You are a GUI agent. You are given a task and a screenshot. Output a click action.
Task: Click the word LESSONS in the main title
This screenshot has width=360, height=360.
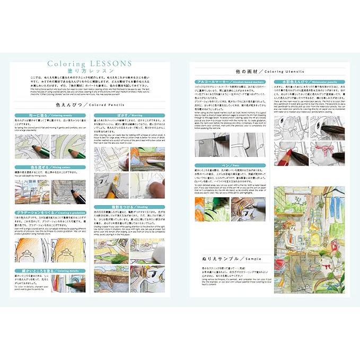(x=112, y=64)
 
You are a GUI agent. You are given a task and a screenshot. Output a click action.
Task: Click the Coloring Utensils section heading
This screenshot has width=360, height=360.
(x=270, y=71)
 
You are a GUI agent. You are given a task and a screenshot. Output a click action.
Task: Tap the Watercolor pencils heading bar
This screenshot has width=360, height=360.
(x=310, y=82)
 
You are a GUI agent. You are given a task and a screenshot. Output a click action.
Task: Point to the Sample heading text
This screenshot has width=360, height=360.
(x=231, y=259)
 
